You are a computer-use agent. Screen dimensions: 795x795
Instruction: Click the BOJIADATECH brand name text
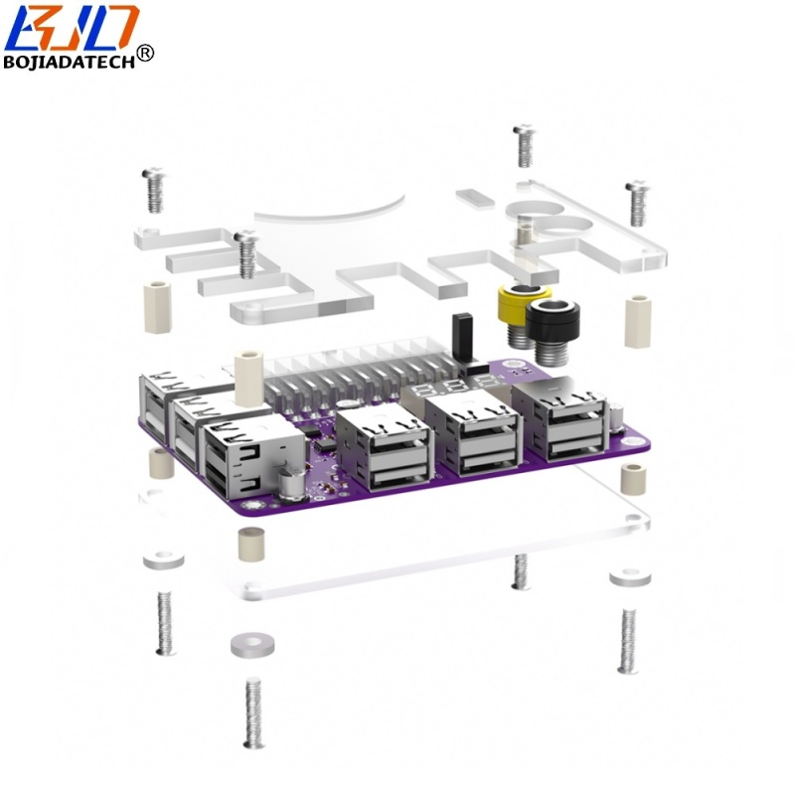(x=70, y=62)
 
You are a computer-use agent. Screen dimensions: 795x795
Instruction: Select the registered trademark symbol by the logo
(x=145, y=54)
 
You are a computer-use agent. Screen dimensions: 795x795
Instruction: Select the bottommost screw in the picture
(x=253, y=714)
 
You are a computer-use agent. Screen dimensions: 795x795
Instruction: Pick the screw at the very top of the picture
(x=525, y=145)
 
